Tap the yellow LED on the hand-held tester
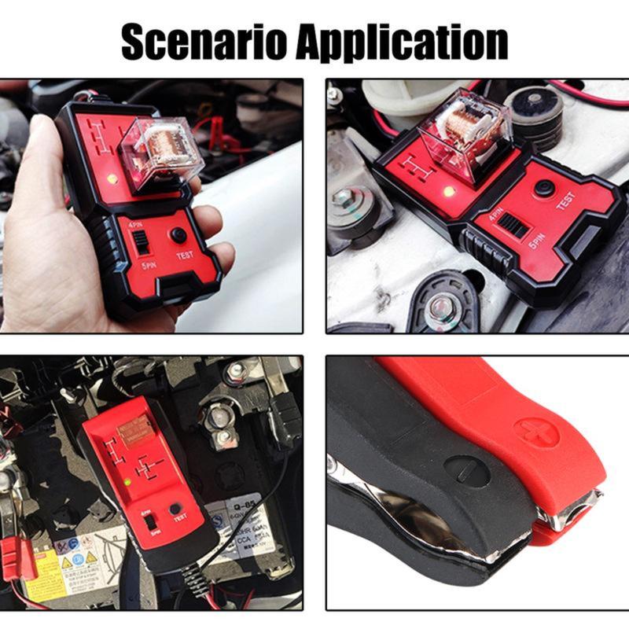point(113,179)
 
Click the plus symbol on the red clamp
point(537,432)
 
